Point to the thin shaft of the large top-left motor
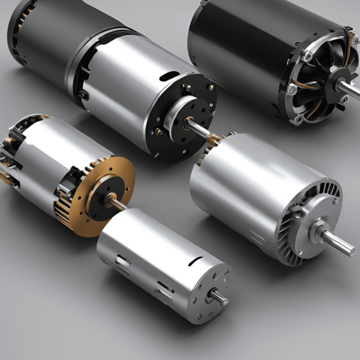(200, 128)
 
